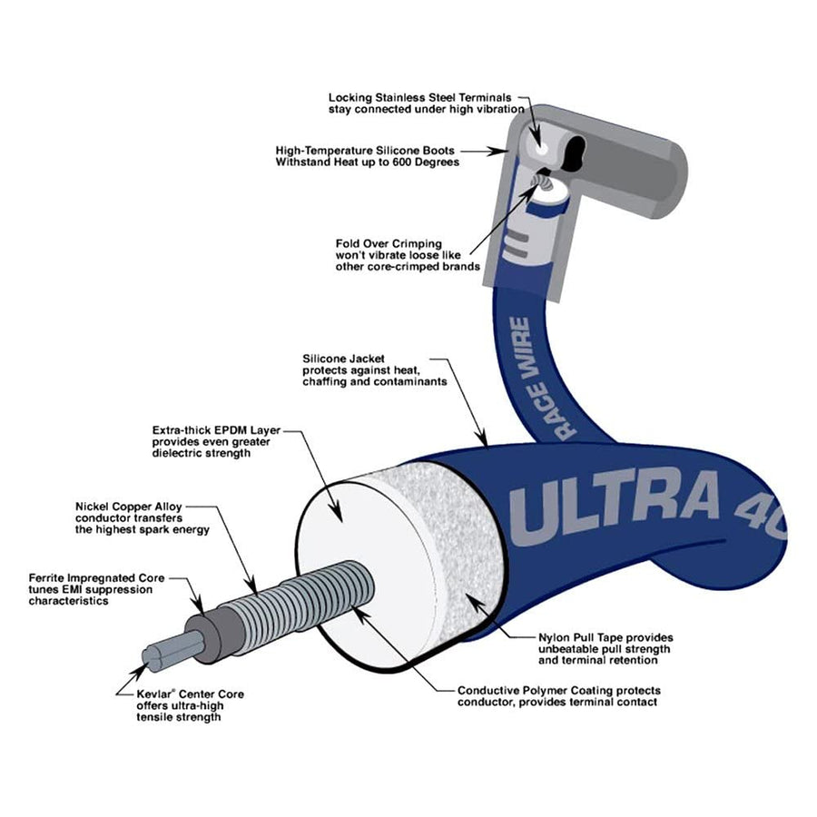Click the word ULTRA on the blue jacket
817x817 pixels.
[x=615, y=506]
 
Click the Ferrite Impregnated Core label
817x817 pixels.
[x=96, y=589]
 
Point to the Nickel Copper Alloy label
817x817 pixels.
[x=143, y=518]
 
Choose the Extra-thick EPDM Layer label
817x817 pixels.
[x=216, y=442]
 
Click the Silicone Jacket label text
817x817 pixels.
[x=375, y=370]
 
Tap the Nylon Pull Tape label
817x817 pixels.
[x=605, y=649]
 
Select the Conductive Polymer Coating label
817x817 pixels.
[x=559, y=696]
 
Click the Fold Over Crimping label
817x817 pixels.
[x=408, y=255]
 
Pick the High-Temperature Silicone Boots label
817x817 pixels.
[x=368, y=156]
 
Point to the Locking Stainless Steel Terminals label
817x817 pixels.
[x=427, y=103]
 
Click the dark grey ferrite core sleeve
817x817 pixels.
[x=213, y=633]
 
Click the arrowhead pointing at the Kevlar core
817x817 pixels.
[x=138, y=672]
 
